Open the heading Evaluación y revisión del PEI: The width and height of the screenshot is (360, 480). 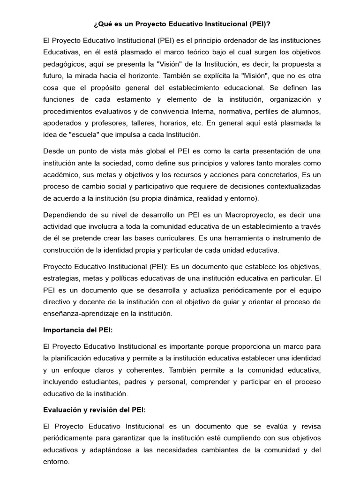pos(94,410)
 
